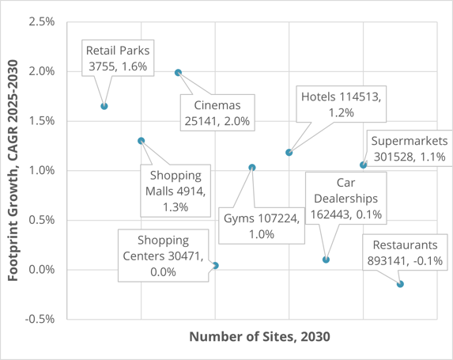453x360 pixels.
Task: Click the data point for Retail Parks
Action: pos(104,106)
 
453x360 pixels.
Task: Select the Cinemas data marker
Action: pos(179,73)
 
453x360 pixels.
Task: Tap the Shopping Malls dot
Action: pos(142,141)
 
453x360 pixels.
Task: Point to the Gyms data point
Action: pos(252,168)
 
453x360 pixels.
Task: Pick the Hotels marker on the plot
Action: pos(289,153)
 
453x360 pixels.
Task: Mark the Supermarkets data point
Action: pos(363,165)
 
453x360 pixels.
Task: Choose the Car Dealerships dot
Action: pos(327,260)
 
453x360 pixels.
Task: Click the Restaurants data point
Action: pos(401,284)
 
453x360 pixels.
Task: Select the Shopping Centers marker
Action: pos(216,266)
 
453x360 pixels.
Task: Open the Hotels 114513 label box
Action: pos(341,105)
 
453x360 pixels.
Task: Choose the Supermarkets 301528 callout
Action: pos(408,149)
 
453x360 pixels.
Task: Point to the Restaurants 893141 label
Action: pos(406,252)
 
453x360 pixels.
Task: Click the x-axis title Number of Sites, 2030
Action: pos(259,337)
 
